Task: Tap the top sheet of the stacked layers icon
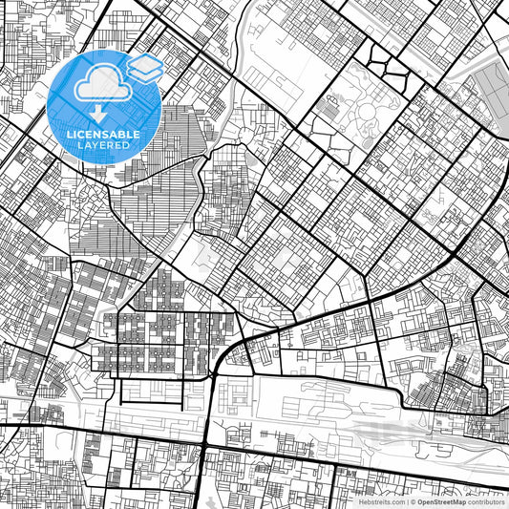(x=143, y=64)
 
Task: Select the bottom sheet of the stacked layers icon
(x=143, y=76)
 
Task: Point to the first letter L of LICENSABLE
(x=68, y=135)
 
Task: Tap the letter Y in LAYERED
(x=95, y=146)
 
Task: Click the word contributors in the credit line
(x=486, y=501)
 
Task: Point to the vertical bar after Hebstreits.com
(x=407, y=501)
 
